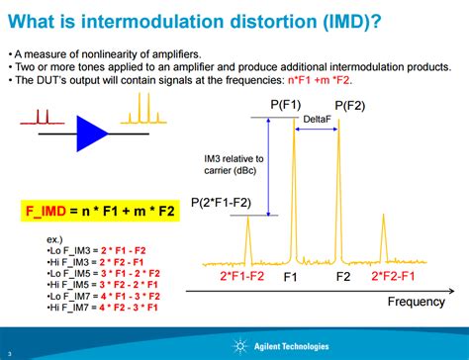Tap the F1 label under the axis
click(292, 278)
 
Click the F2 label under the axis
click(344, 278)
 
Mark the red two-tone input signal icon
click(42, 120)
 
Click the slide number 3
click(8, 353)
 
